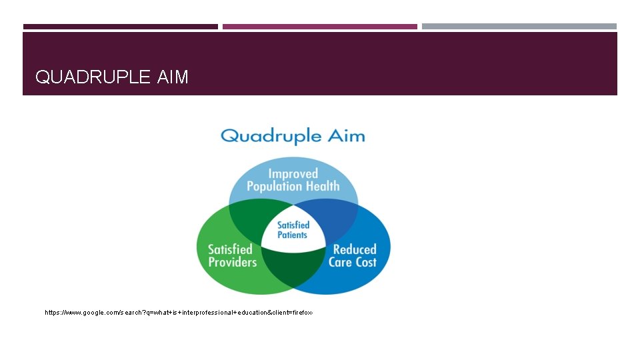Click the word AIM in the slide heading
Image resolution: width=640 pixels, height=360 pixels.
pyautogui.click(x=173, y=77)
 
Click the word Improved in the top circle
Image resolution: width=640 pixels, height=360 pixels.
pyautogui.click(x=293, y=174)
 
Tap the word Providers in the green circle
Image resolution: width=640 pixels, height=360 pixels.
pyautogui.click(x=232, y=262)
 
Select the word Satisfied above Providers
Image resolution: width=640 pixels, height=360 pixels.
pyautogui.click(x=230, y=249)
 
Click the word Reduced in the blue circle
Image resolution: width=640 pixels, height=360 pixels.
pyautogui.click(x=355, y=249)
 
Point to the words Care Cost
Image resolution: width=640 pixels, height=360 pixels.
pyautogui.click(x=353, y=262)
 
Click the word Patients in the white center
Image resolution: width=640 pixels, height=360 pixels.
pyautogui.click(x=293, y=235)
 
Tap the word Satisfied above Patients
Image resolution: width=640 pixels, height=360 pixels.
pyautogui.click(x=293, y=225)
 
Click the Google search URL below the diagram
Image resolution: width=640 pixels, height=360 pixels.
pyautogui.click(x=178, y=312)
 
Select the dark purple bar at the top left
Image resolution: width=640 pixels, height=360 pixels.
pyautogui.click(x=120, y=27)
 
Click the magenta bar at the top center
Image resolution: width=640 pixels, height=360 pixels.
pyautogui.click(x=320, y=27)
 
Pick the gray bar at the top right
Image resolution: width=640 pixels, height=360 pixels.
pyautogui.click(x=519, y=27)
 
